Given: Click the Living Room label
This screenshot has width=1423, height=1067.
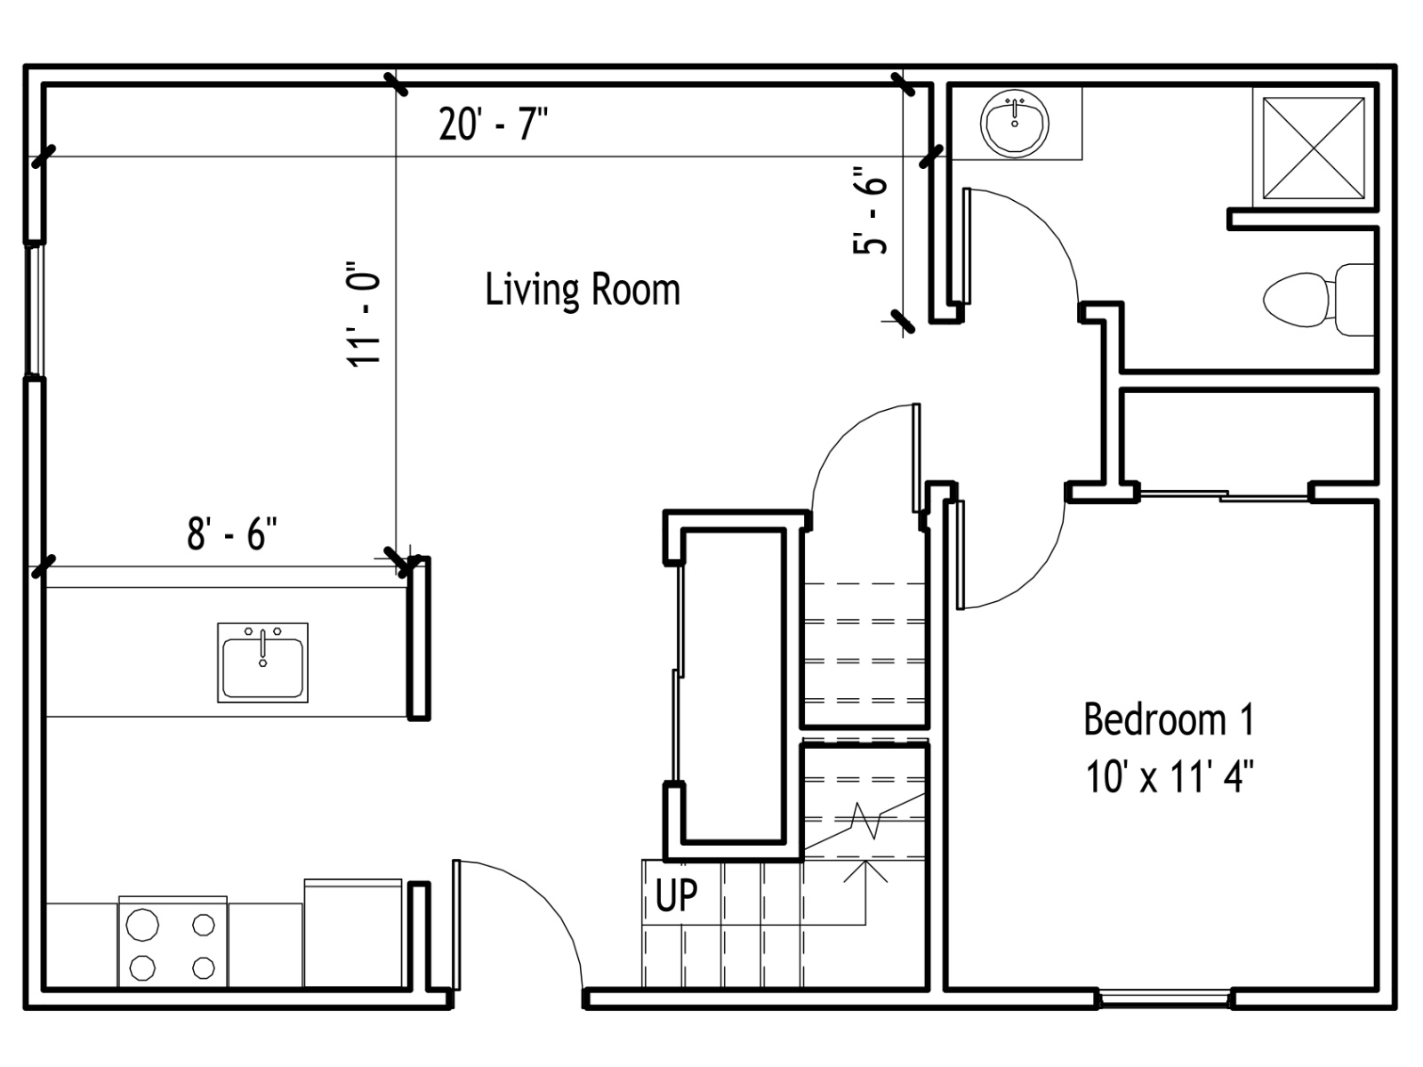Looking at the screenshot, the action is [x=583, y=291].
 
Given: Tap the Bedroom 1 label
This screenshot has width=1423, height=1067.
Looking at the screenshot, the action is [x=1169, y=719].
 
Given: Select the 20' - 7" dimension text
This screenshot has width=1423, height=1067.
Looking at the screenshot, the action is [x=494, y=124].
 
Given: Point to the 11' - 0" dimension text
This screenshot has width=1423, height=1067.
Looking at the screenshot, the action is [x=363, y=315].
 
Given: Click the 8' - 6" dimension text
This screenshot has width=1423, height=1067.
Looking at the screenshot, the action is [x=232, y=533].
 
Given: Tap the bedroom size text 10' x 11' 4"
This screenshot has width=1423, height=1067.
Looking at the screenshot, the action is [x=1170, y=777].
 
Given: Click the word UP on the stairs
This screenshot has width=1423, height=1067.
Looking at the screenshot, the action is [x=676, y=895].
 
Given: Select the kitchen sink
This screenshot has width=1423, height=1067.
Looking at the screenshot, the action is [x=262, y=662].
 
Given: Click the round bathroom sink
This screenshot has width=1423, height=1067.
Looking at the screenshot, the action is [x=1015, y=123].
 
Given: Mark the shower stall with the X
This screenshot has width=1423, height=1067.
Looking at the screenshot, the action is [x=1314, y=148].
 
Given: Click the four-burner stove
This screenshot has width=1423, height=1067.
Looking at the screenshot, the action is [x=173, y=942].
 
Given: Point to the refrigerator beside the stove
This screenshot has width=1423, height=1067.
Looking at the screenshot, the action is [x=353, y=933].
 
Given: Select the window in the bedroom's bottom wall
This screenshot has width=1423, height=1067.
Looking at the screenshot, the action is [x=1165, y=999].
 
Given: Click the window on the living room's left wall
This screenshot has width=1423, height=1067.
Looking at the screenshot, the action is [x=35, y=310].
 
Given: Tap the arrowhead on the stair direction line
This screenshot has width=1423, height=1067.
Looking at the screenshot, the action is [x=865, y=870].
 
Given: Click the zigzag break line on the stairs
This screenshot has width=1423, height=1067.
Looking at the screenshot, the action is [x=865, y=821].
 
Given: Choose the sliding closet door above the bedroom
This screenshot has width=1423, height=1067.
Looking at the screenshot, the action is [x=1224, y=495].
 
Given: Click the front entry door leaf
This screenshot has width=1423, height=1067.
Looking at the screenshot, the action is [x=456, y=925].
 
